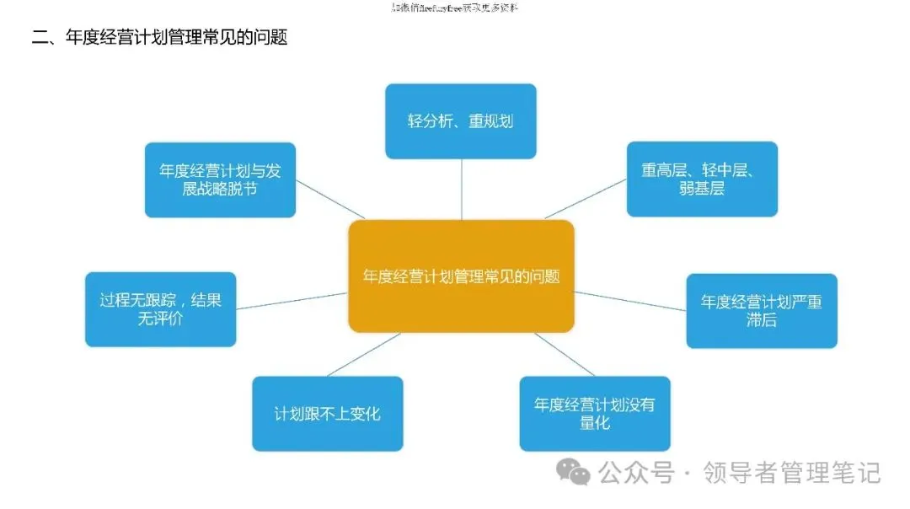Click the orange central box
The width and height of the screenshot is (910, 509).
(x=461, y=276)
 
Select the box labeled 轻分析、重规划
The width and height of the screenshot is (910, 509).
(x=461, y=121)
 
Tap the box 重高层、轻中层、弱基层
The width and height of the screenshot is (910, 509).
(x=702, y=179)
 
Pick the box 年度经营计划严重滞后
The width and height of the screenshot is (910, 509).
(x=762, y=310)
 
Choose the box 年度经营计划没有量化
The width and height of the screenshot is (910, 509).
(x=595, y=413)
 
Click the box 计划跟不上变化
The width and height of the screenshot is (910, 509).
(x=328, y=413)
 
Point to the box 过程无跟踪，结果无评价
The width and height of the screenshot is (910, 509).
(x=160, y=309)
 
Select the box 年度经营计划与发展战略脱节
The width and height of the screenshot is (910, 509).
(x=220, y=179)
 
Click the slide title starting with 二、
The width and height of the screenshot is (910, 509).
(x=160, y=38)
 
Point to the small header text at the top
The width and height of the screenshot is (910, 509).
(x=455, y=8)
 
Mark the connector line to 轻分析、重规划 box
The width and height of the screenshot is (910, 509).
(x=461, y=189)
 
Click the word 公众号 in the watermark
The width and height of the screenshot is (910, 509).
(x=637, y=473)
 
